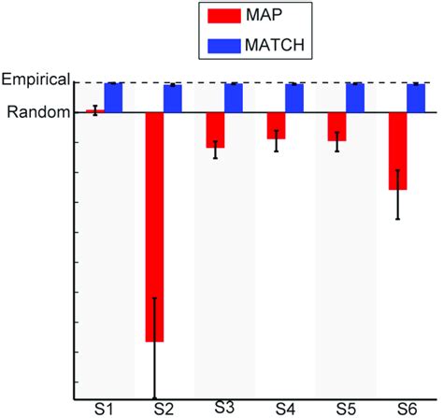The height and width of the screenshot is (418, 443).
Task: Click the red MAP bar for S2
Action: [x=154, y=227]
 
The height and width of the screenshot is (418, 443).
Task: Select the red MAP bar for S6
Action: [x=398, y=151]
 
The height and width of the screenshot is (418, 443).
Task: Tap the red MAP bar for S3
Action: [x=215, y=130]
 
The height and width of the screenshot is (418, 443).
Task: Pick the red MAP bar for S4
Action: [x=276, y=125]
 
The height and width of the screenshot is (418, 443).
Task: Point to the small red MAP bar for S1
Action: [x=94, y=110]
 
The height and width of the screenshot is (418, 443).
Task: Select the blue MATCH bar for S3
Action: [x=234, y=97]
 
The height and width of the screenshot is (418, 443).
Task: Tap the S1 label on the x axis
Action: [x=103, y=409]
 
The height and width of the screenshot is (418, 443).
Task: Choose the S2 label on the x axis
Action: [x=163, y=409]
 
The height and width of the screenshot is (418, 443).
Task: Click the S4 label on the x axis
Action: [x=285, y=409]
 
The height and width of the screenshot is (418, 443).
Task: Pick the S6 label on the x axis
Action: [x=407, y=409]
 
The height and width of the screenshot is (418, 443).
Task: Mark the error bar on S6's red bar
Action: [x=398, y=195]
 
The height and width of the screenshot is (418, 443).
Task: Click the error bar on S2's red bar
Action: [x=154, y=346]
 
